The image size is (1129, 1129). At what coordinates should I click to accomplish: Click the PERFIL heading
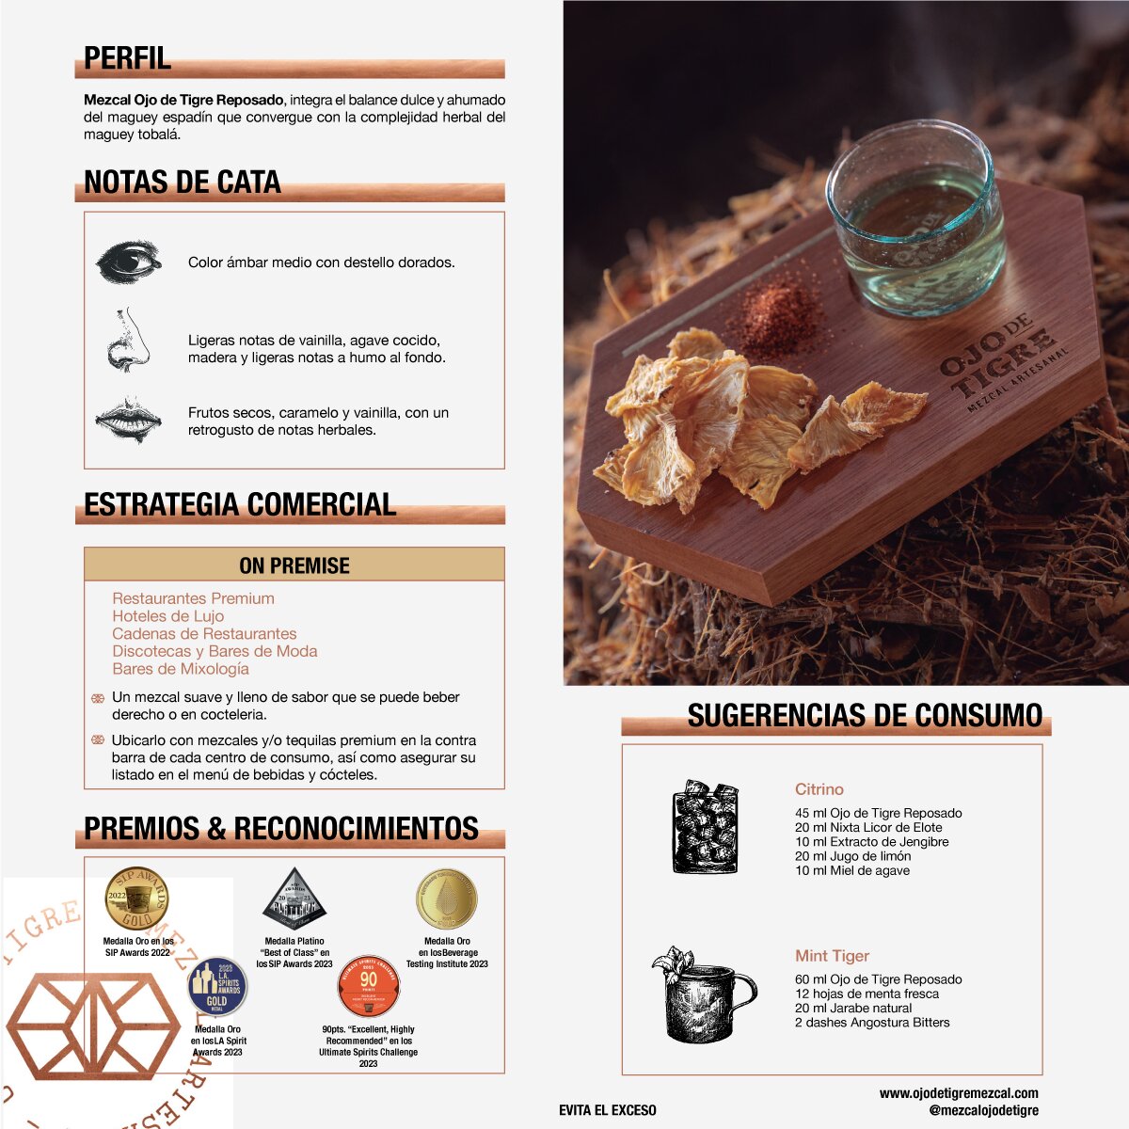128,58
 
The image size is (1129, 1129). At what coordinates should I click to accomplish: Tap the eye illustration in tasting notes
129,262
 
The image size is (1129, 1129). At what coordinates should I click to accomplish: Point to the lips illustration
129,420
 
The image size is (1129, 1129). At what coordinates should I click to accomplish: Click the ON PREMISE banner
294,565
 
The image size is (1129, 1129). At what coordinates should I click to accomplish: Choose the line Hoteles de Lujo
168,616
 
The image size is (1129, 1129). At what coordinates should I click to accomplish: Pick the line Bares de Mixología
181,669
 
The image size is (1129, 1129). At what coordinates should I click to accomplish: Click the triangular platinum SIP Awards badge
294,899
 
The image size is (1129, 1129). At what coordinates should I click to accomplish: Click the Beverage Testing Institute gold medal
447,899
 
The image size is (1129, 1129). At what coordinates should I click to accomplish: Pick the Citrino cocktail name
819,789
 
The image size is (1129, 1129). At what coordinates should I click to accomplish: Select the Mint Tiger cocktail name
833,956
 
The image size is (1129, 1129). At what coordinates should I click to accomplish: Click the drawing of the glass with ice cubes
706,826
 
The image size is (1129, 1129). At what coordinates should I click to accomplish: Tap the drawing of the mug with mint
704,994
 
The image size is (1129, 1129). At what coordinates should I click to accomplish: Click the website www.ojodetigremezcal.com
959,1093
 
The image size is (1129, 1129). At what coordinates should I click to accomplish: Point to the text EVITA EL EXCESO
608,1110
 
